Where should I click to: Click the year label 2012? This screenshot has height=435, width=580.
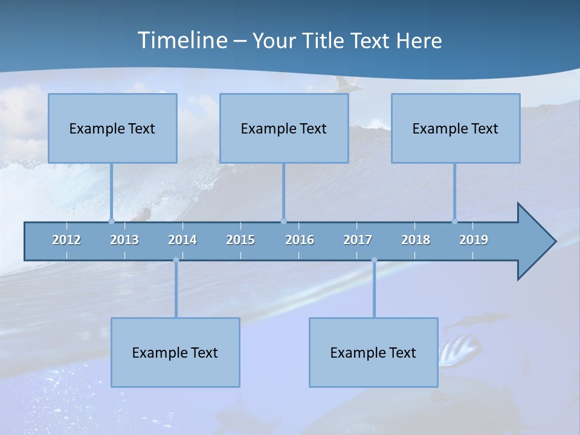pos(66,240)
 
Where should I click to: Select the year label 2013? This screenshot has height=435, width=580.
pos(124,240)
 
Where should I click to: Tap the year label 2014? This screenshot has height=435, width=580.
pos(182,240)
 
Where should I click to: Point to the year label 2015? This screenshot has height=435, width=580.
pos(240,240)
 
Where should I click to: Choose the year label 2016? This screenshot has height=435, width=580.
pos(300,240)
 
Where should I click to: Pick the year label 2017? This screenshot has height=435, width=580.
pos(358,240)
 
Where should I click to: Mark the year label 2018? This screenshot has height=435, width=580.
pos(416,240)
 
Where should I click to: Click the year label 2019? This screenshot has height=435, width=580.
pos(474,240)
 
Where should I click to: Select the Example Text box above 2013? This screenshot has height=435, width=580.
pos(112,128)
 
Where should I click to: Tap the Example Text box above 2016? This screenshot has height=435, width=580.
pos(284,128)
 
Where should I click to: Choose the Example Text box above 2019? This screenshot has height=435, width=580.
pos(456,128)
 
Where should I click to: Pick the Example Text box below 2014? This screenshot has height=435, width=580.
pos(175,352)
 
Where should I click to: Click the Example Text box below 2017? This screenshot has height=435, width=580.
pos(373,352)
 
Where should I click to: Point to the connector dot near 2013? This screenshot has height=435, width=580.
pos(111,221)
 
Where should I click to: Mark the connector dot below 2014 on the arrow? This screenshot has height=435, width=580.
pos(176,260)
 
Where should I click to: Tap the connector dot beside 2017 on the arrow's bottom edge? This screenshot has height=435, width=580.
pos(374,260)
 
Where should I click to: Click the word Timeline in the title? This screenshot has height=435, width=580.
pos(182,40)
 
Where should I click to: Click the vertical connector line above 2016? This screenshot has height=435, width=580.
pos(283,192)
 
